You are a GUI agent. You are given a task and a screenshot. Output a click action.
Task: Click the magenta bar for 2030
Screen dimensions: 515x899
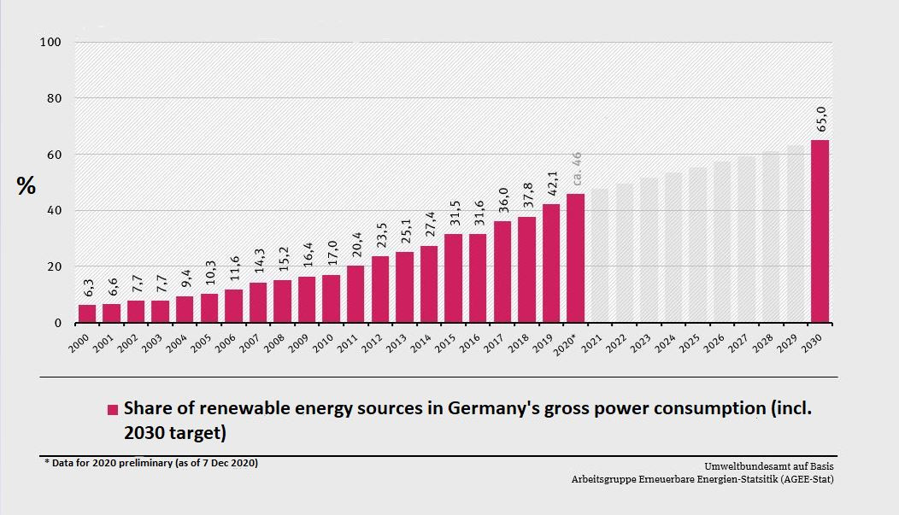(x=820, y=231)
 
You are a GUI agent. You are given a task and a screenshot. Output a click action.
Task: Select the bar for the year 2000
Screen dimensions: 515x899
(x=87, y=313)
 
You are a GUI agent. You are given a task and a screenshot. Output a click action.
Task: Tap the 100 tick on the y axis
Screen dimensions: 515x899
(x=50, y=42)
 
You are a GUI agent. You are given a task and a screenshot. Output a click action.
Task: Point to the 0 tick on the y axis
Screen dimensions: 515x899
(x=58, y=323)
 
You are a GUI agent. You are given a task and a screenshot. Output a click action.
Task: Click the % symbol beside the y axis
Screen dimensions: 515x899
(x=26, y=186)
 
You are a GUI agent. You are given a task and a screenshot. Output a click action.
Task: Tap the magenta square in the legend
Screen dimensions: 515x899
(x=112, y=409)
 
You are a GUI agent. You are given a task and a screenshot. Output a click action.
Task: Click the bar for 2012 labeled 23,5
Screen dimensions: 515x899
(x=380, y=290)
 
